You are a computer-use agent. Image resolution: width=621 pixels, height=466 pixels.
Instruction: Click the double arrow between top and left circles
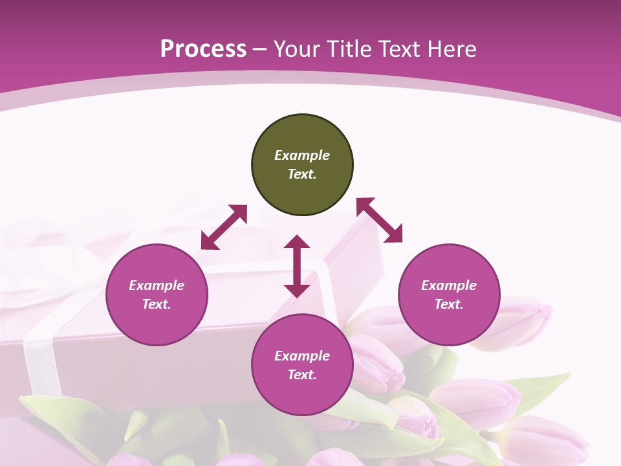(224, 227)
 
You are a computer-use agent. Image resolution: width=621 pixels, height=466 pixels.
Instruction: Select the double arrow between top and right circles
(380, 220)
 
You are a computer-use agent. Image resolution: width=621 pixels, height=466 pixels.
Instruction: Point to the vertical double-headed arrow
(297, 266)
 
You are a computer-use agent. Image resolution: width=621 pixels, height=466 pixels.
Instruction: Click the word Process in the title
(203, 49)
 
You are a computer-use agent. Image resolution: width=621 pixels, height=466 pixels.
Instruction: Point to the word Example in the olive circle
(302, 155)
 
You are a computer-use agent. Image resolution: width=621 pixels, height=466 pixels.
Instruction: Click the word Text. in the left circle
(157, 304)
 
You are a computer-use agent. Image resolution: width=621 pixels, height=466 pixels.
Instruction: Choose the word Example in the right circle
(449, 285)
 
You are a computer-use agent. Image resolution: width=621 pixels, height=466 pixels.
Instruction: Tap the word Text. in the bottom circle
(302, 375)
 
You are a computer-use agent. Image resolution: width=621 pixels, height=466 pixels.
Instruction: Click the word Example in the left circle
(157, 285)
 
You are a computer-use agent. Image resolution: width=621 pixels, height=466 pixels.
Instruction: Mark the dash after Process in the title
(260, 49)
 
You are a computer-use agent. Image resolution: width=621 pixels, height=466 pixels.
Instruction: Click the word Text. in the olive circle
(302, 174)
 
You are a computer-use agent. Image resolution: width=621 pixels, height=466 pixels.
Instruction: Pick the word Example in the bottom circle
(302, 356)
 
